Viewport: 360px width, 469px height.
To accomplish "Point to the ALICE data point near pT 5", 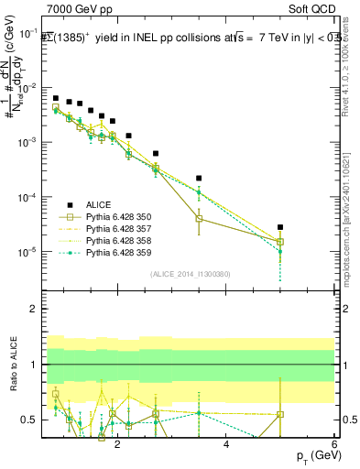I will coord(280,227).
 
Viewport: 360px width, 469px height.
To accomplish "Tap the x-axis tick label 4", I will coord(226,443).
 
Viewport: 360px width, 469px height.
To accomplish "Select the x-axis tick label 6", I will coord(333,443).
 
